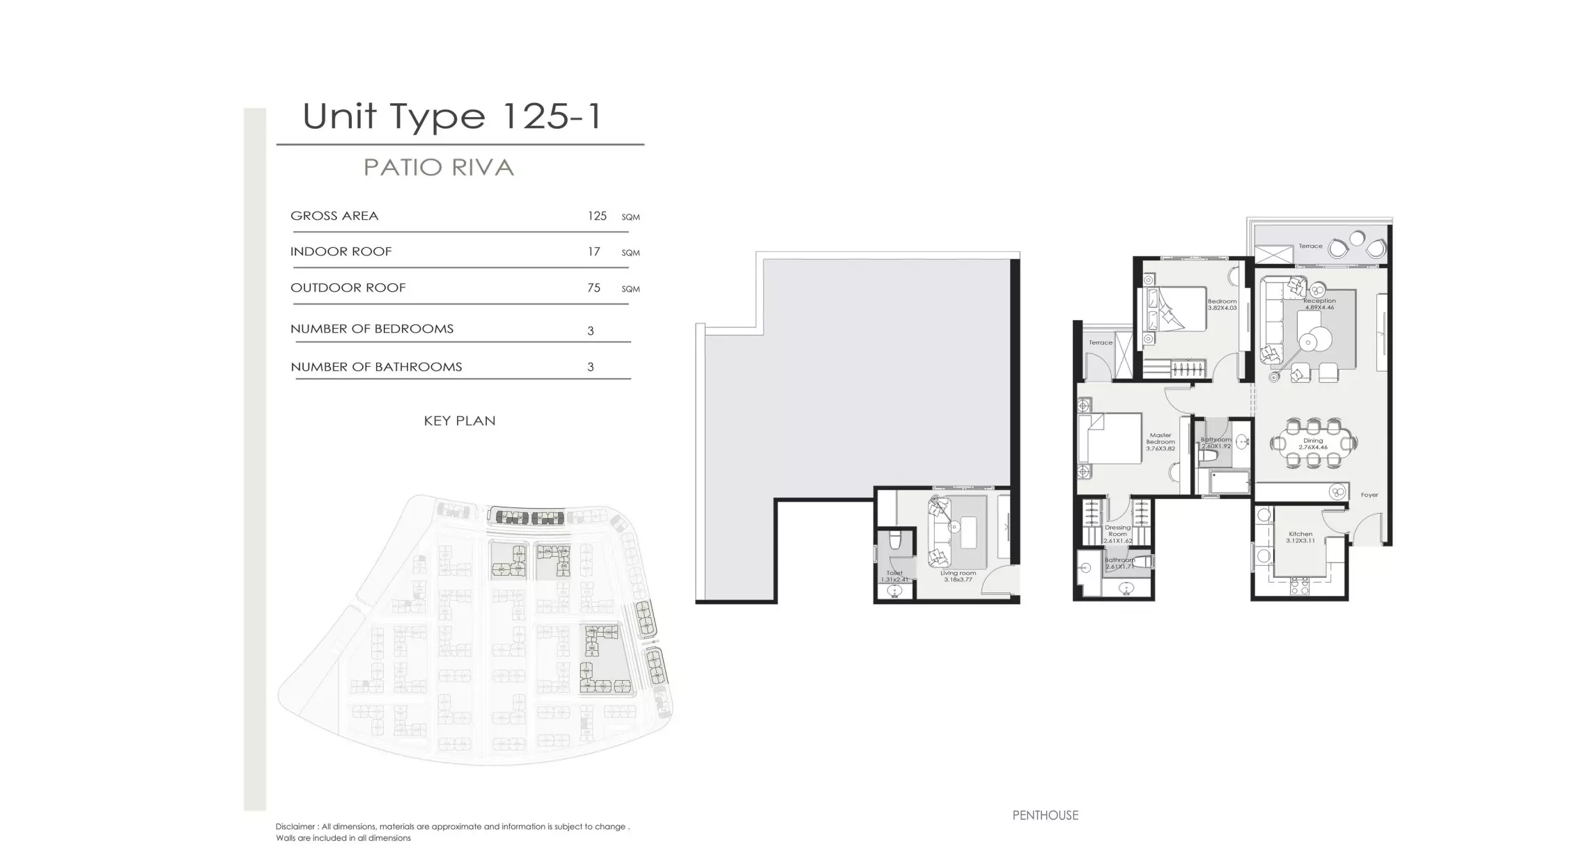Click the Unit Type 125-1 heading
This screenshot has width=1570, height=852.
pyautogui.click(x=451, y=116)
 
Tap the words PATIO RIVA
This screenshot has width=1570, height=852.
pyautogui.click(x=439, y=168)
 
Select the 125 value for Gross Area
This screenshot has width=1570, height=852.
pyautogui.click(x=597, y=216)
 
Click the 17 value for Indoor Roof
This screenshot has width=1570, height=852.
pyautogui.click(x=593, y=251)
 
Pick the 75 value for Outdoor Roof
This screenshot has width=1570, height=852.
pyautogui.click(x=593, y=287)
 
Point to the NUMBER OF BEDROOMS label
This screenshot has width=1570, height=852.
pyautogui.click(x=372, y=329)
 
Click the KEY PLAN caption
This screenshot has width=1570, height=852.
pyautogui.click(x=460, y=420)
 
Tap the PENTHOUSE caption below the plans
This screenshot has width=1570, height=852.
pyautogui.click(x=1045, y=815)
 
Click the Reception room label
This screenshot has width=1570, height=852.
pyautogui.click(x=1319, y=303)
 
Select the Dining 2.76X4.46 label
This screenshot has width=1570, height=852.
pyautogui.click(x=1313, y=444)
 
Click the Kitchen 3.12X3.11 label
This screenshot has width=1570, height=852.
pyautogui.click(x=1300, y=537)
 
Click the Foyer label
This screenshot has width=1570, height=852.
pyautogui.click(x=1369, y=495)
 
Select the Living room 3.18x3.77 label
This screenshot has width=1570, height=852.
pyautogui.click(x=958, y=576)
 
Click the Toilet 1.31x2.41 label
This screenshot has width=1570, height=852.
pyautogui.click(x=894, y=576)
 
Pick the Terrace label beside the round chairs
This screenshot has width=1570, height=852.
pyautogui.click(x=1310, y=246)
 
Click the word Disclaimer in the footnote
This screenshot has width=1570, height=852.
pyautogui.click(x=295, y=827)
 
